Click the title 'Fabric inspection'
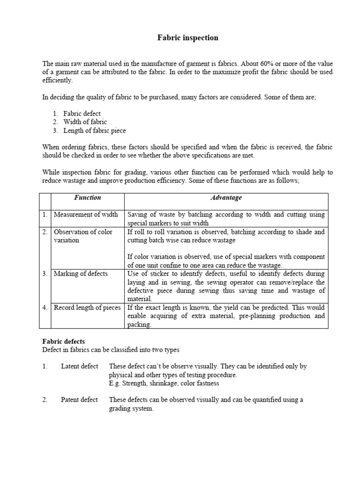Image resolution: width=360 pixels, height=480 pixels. point(187,38)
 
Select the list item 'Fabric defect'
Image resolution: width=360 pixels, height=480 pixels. point(82,113)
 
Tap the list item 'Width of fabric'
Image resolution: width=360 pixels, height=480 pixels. point(85,122)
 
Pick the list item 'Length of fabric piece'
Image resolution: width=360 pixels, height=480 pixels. point(95,130)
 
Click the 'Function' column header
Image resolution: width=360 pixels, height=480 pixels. point(87,198)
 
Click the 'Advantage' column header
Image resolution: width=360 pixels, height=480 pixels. point(226,198)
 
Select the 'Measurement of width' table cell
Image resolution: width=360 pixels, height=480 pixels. point(86,215)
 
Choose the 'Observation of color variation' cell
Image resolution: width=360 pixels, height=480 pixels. point(82,236)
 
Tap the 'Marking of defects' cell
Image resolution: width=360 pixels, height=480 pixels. point(81,274)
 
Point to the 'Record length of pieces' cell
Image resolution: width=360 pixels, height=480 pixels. point(87,308)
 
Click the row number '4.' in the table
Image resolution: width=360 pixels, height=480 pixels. point(45,308)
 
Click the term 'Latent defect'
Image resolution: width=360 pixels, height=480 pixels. point(79,367)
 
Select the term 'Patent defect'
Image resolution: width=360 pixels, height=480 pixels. point(79,400)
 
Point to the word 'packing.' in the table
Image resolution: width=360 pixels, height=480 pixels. point(140,324)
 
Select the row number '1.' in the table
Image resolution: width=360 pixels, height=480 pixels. point(45,215)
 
